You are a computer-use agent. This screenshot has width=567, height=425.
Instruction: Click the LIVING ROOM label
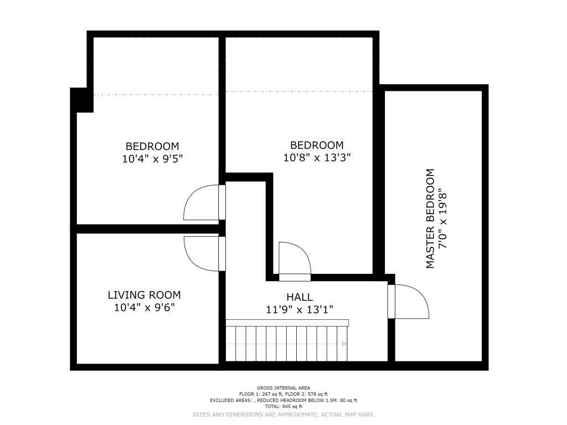145,295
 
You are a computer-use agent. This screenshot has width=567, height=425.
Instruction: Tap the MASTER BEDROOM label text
430,219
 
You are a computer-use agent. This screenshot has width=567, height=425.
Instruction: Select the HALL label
300,297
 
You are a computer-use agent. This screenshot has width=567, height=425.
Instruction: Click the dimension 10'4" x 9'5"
153,159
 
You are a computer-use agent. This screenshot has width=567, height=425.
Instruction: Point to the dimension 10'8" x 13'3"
317,158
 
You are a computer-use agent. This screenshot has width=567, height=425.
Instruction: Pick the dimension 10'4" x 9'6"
145,308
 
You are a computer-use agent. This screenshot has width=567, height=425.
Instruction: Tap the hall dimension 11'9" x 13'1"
300,310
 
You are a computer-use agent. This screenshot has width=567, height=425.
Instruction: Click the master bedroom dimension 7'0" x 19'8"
443,219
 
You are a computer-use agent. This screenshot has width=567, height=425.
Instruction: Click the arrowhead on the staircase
344,344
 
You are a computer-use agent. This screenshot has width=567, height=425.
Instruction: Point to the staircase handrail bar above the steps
287,323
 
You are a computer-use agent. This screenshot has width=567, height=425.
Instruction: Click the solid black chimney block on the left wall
82,100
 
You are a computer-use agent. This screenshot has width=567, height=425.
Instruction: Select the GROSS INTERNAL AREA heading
283,388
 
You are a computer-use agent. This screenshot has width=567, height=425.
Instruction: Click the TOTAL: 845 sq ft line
283,407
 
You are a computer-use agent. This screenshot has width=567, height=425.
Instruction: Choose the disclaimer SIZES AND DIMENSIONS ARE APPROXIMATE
255,414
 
